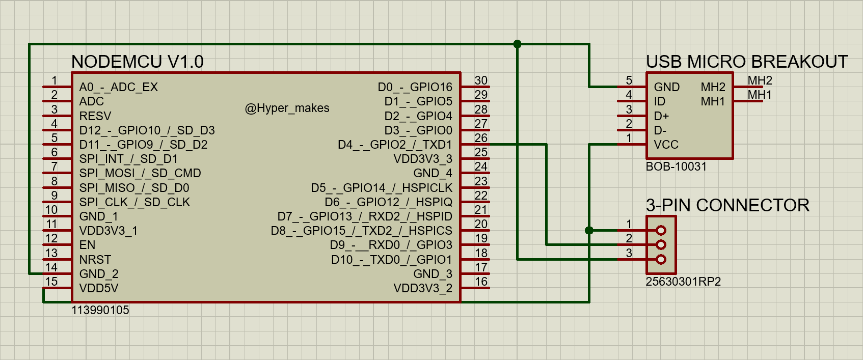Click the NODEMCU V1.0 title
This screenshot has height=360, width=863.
(x=137, y=62)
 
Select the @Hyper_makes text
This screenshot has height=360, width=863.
(x=287, y=108)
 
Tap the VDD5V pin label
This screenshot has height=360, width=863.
(x=98, y=288)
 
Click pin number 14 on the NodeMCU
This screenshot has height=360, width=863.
(x=51, y=267)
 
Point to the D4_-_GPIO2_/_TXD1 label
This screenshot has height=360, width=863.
(x=395, y=145)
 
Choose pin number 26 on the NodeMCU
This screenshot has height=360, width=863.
(x=481, y=137)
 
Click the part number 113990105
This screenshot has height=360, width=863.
(x=100, y=310)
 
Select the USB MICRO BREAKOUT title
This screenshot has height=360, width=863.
(x=746, y=62)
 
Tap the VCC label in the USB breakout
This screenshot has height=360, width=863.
(x=666, y=145)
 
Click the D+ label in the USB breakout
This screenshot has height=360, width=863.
(x=661, y=116)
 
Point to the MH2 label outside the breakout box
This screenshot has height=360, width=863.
(x=760, y=80)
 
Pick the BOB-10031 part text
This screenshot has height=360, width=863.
(x=676, y=167)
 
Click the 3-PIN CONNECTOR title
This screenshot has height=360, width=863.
(x=727, y=205)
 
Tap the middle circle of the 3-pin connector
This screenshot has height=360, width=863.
(x=661, y=245)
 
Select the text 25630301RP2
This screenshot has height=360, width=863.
(x=683, y=282)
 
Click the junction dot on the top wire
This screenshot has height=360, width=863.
(x=517, y=44)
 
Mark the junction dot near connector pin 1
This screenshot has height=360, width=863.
(x=589, y=230)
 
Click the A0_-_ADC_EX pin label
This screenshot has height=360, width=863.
(x=118, y=87)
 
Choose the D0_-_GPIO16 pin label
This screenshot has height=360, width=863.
(x=415, y=87)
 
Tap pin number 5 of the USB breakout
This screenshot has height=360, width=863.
(x=629, y=80)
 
